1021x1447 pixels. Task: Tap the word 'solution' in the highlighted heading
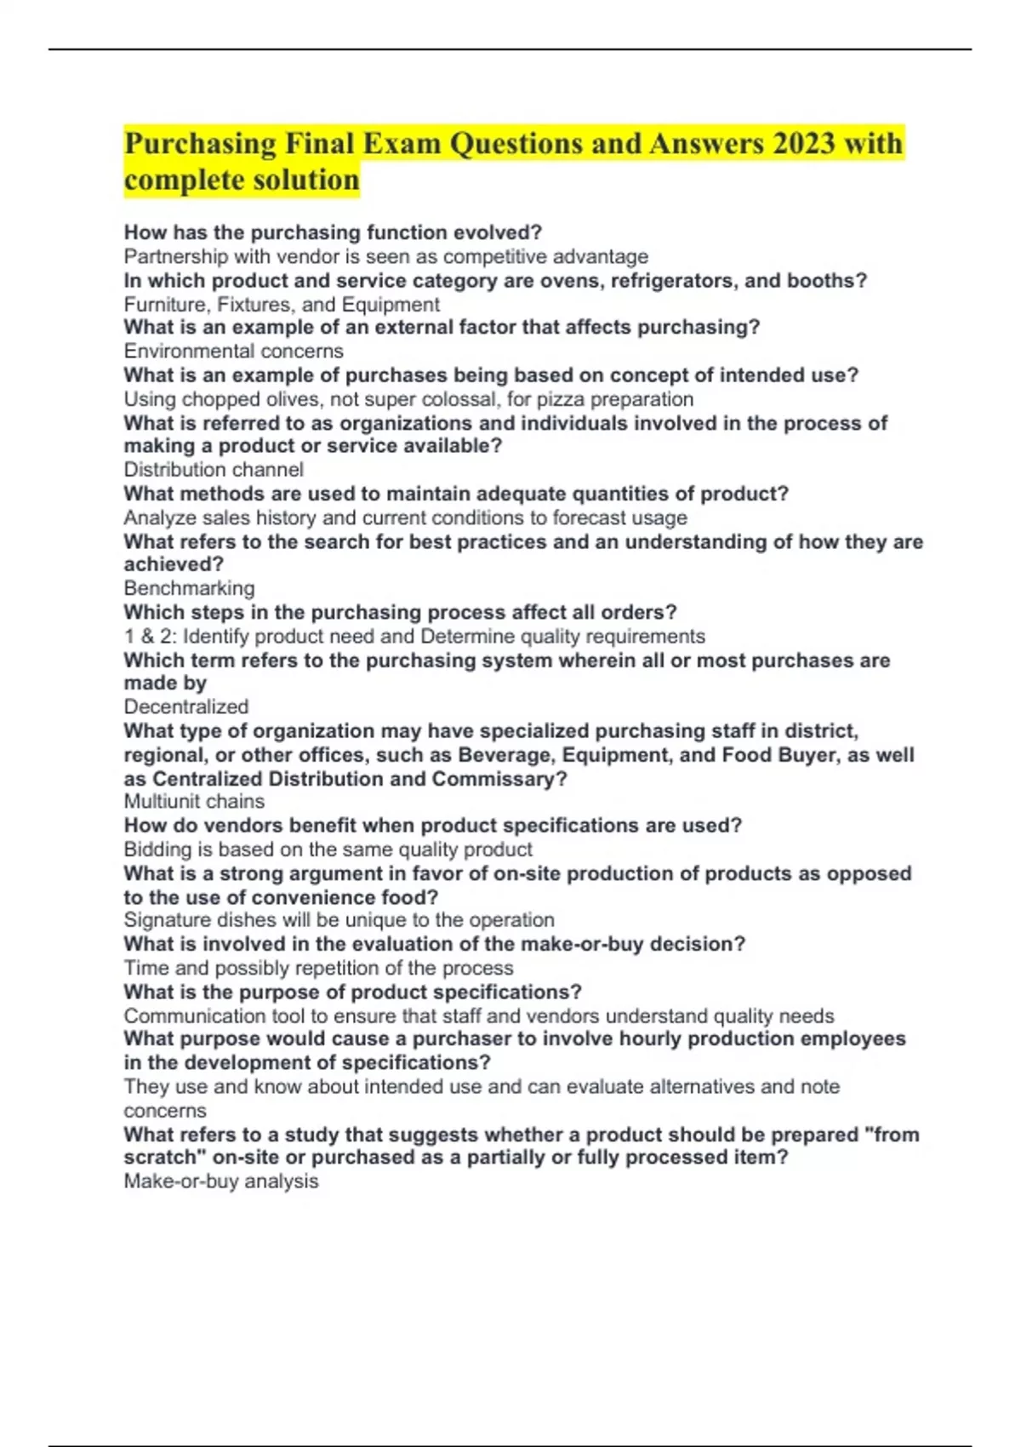coord(307,180)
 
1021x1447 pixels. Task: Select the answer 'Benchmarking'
coord(189,588)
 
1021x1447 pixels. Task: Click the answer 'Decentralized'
coord(186,706)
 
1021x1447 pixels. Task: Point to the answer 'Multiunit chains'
coord(194,802)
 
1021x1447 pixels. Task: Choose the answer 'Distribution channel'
coord(214,470)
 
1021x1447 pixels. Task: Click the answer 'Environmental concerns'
coord(234,352)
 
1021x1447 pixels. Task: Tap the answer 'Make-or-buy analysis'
coord(221,1181)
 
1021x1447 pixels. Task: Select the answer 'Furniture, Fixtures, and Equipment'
coord(282,305)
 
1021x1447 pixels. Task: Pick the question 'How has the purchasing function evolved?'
coord(334,232)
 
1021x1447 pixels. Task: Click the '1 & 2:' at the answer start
coord(151,637)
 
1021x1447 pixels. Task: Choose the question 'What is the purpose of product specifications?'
coord(353,992)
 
